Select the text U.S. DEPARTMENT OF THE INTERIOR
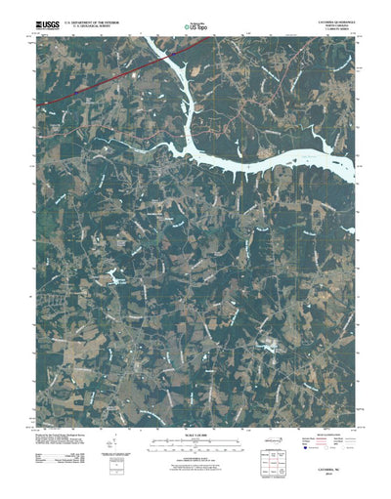pyautogui.click(x=91, y=18)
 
